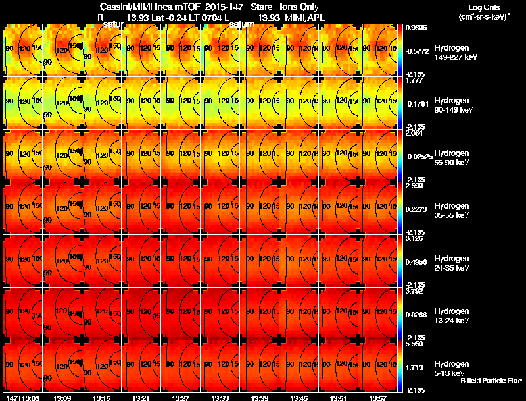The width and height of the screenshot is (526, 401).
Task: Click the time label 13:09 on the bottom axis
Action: [x=63, y=398]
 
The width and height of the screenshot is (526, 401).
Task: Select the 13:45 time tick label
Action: [x=299, y=398]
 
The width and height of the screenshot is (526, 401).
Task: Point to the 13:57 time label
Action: [x=377, y=398]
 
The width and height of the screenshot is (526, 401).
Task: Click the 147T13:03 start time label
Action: [x=22, y=398]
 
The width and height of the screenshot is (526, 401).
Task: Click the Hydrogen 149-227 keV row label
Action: [x=451, y=53]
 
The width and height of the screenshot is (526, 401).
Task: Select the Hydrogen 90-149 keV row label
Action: [x=451, y=105]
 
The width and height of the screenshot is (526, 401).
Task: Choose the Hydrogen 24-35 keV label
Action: [x=451, y=263]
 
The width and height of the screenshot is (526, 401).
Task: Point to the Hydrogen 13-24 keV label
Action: [x=451, y=316]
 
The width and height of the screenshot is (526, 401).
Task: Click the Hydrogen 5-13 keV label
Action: [x=451, y=369]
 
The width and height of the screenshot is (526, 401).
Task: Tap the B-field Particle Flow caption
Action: [x=491, y=381]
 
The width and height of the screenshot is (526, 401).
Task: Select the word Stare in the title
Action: [x=261, y=7]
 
